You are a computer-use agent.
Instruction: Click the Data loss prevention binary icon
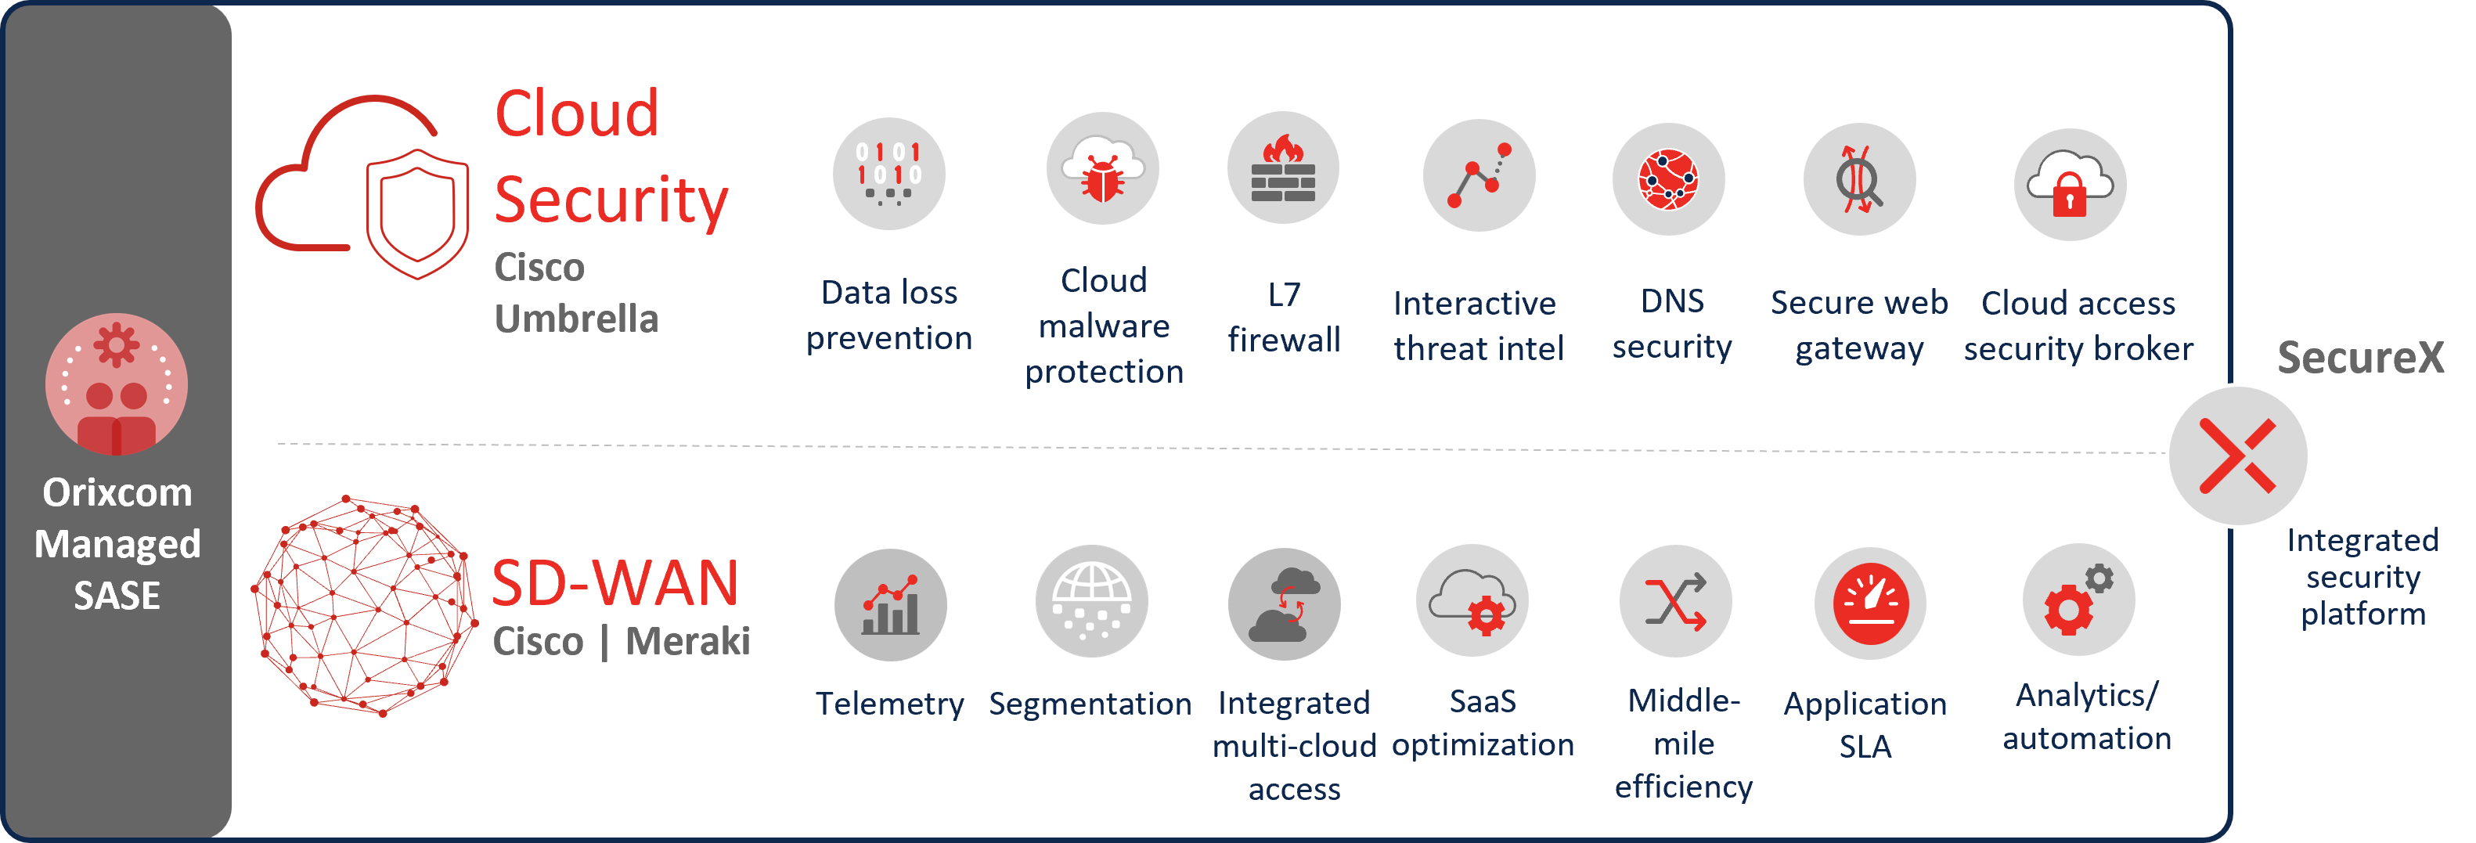tap(889, 174)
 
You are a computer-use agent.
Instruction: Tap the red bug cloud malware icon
tap(1102, 169)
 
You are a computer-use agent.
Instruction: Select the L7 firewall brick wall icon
tap(1283, 168)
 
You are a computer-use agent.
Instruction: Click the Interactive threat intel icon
tap(1478, 176)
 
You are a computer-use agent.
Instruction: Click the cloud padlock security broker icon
tap(2070, 185)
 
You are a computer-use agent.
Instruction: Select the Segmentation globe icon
tap(1091, 602)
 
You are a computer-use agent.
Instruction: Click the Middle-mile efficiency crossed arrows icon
tap(1675, 602)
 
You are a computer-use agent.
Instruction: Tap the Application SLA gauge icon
tap(1869, 603)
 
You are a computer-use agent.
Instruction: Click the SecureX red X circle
tap(2237, 456)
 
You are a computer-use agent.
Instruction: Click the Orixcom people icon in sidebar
tap(117, 384)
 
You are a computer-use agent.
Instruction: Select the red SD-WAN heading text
tap(615, 582)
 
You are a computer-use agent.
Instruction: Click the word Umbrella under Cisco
tap(575, 318)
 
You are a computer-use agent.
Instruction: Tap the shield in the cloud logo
tap(417, 214)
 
